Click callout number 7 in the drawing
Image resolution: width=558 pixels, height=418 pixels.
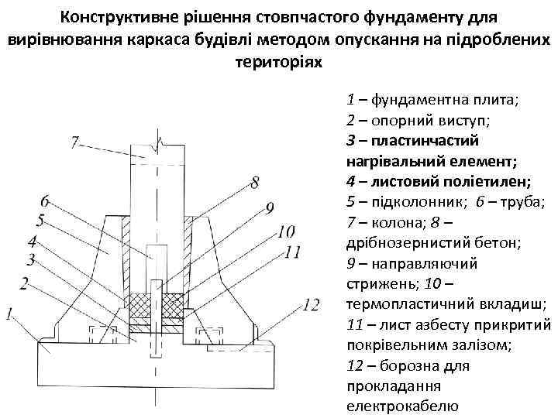pyautogui.click(x=74, y=142)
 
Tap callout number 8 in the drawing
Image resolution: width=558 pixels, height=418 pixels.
pyautogui.click(x=255, y=183)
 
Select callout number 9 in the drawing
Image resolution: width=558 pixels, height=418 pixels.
pyautogui.click(x=269, y=207)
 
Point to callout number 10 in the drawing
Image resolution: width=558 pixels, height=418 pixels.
pyautogui.click(x=284, y=231)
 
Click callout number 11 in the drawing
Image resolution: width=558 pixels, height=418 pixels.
pyautogui.click(x=292, y=252)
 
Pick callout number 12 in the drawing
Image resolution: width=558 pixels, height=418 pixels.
pyautogui.click(x=310, y=305)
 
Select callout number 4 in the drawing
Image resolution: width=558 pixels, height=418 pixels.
pyautogui.click(x=33, y=241)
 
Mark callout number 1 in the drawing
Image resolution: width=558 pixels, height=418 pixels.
pyautogui.click(x=9, y=314)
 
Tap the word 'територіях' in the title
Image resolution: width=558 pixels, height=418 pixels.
pyautogui.click(x=278, y=60)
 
